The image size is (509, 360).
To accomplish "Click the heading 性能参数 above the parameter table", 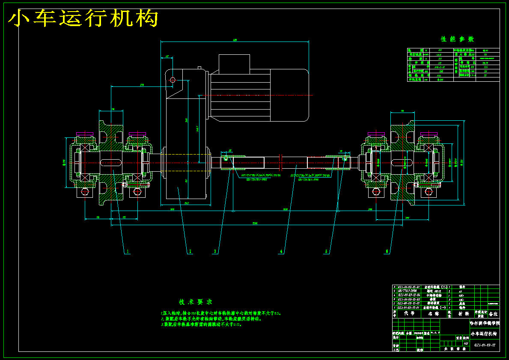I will click(457, 39).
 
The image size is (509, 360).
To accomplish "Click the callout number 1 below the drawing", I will click(127, 252).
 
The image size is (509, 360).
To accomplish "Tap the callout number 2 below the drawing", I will click(190, 252).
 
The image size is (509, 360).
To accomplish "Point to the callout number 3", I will click(215, 252).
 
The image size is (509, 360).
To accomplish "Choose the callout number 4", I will click(281, 252).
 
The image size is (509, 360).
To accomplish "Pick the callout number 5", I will click(326, 252).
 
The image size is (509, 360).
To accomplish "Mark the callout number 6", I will click(387, 252).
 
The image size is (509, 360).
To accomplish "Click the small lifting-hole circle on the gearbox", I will click(173, 80).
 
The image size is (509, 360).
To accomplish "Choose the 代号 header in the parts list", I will click(409, 313).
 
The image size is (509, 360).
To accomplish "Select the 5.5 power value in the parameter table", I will click(485, 67).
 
